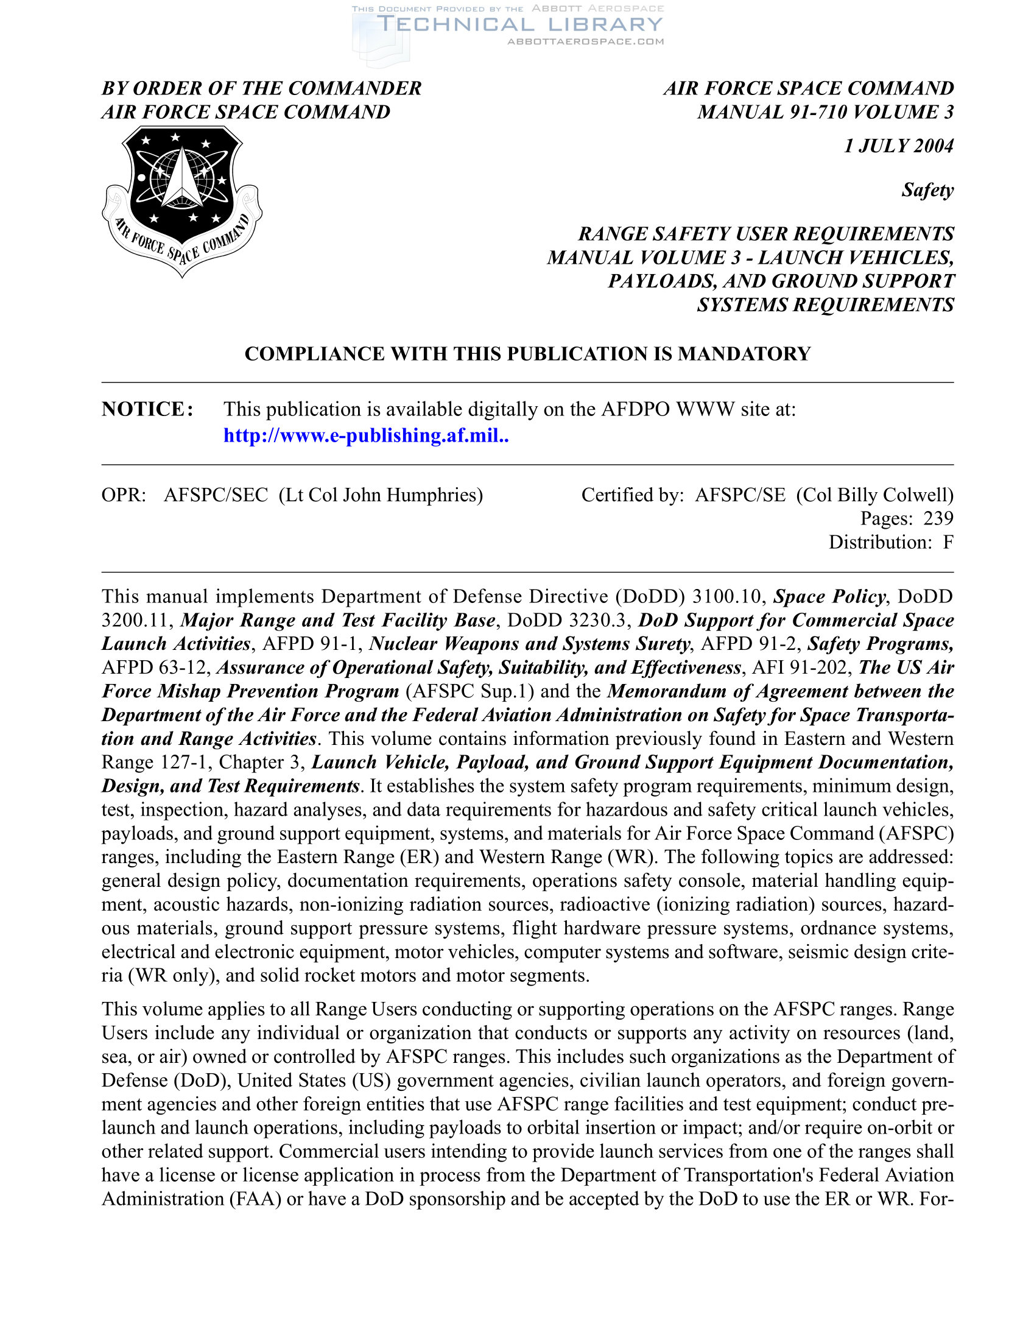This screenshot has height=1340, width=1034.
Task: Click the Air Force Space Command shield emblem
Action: [181, 199]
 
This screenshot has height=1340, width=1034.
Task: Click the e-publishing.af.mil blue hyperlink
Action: [365, 435]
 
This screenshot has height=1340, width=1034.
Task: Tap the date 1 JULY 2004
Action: [898, 146]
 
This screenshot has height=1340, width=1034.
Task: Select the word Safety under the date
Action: [927, 190]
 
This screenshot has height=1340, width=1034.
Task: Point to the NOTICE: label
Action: [148, 409]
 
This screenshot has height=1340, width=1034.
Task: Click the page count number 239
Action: [938, 518]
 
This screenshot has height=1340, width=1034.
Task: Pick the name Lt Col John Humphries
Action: [381, 495]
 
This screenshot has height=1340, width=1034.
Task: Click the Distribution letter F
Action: [948, 542]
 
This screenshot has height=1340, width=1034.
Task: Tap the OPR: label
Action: [124, 495]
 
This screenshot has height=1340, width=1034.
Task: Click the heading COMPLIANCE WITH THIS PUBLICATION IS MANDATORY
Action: [527, 354]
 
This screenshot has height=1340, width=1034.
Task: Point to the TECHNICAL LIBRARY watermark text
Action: [519, 24]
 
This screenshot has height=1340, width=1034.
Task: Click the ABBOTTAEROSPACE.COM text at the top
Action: [586, 41]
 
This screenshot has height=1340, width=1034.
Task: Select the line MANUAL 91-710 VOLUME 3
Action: [826, 112]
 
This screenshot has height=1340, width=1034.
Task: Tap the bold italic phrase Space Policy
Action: [829, 596]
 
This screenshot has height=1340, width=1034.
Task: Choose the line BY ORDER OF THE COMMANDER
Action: [261, 88]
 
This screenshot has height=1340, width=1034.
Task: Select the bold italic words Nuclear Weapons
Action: [443, 644]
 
